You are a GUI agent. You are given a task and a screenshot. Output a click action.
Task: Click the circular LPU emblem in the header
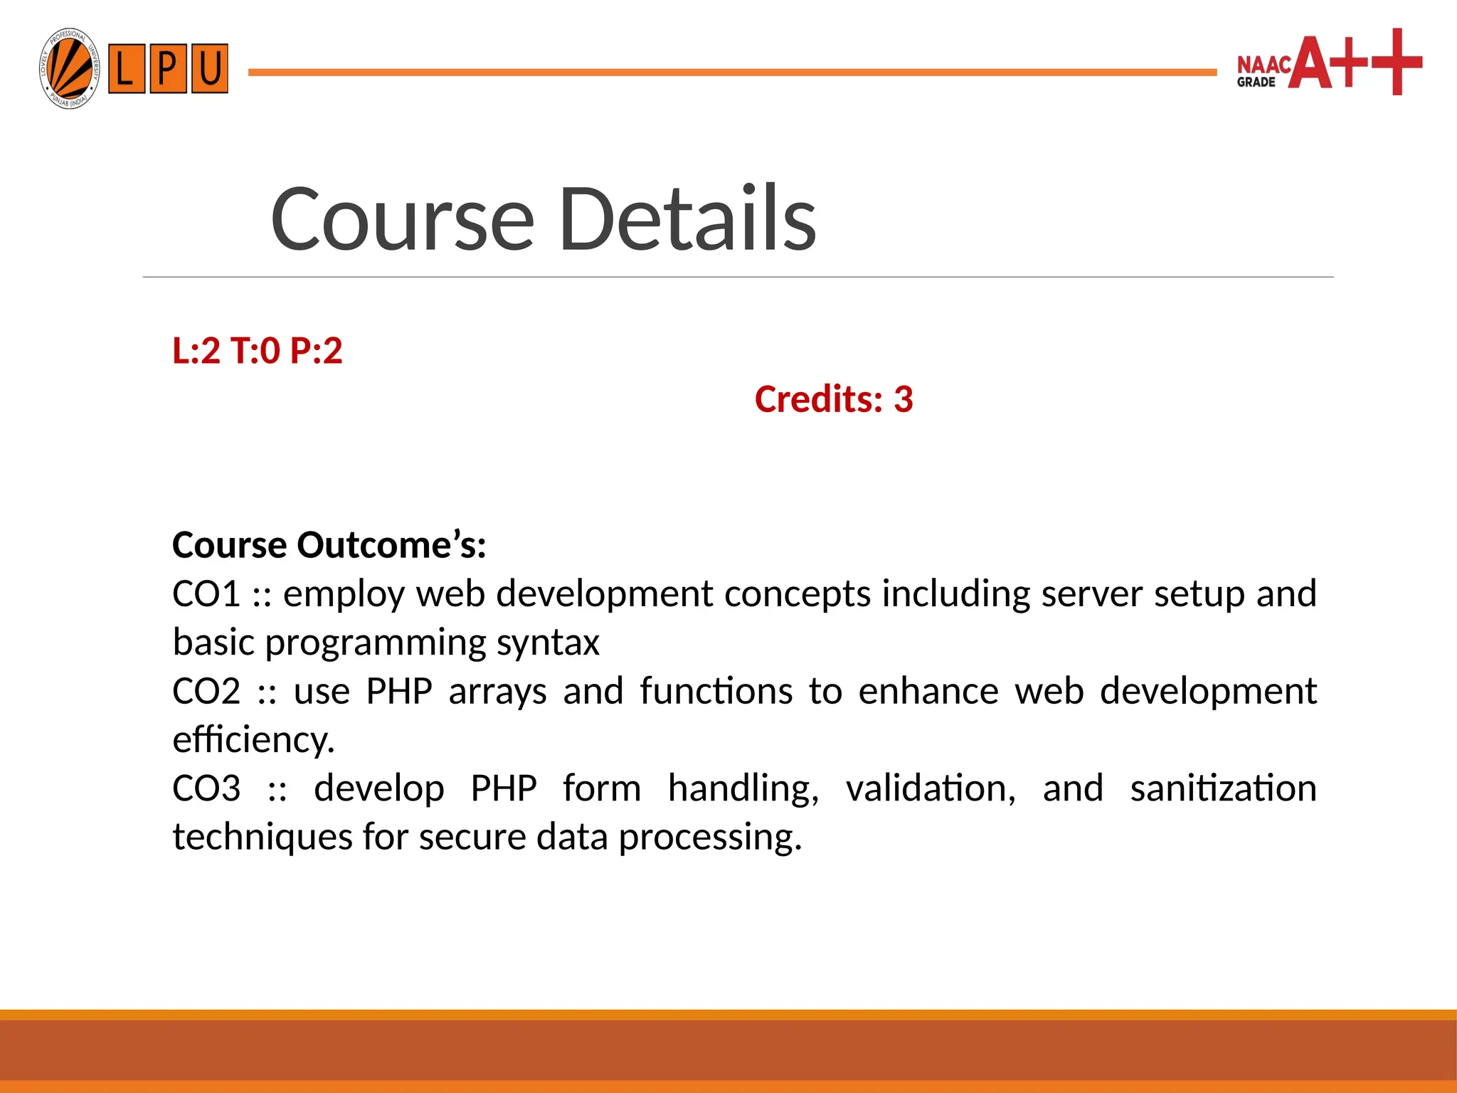(69, 69)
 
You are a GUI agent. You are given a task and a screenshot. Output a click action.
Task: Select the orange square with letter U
(209, 68)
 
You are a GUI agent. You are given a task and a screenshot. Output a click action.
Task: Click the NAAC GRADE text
(1263, 72)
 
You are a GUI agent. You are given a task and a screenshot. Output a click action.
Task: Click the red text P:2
(317, 351)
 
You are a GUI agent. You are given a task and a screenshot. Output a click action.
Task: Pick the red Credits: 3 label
(834, 399)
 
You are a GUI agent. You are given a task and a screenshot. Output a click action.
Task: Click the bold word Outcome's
(391, 545)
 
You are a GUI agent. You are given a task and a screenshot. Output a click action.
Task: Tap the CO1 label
(206, 593)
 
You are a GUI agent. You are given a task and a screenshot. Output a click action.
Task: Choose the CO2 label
(206, 691)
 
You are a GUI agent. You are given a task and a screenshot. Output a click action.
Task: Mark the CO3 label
(206, 788)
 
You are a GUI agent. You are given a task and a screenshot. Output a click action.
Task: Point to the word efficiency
(253, 740)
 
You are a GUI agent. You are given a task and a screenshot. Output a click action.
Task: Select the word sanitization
(1223, 788)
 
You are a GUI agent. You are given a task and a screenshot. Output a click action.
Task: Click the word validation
(931, 788)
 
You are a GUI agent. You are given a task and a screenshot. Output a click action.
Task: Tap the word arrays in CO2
(497, 691)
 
